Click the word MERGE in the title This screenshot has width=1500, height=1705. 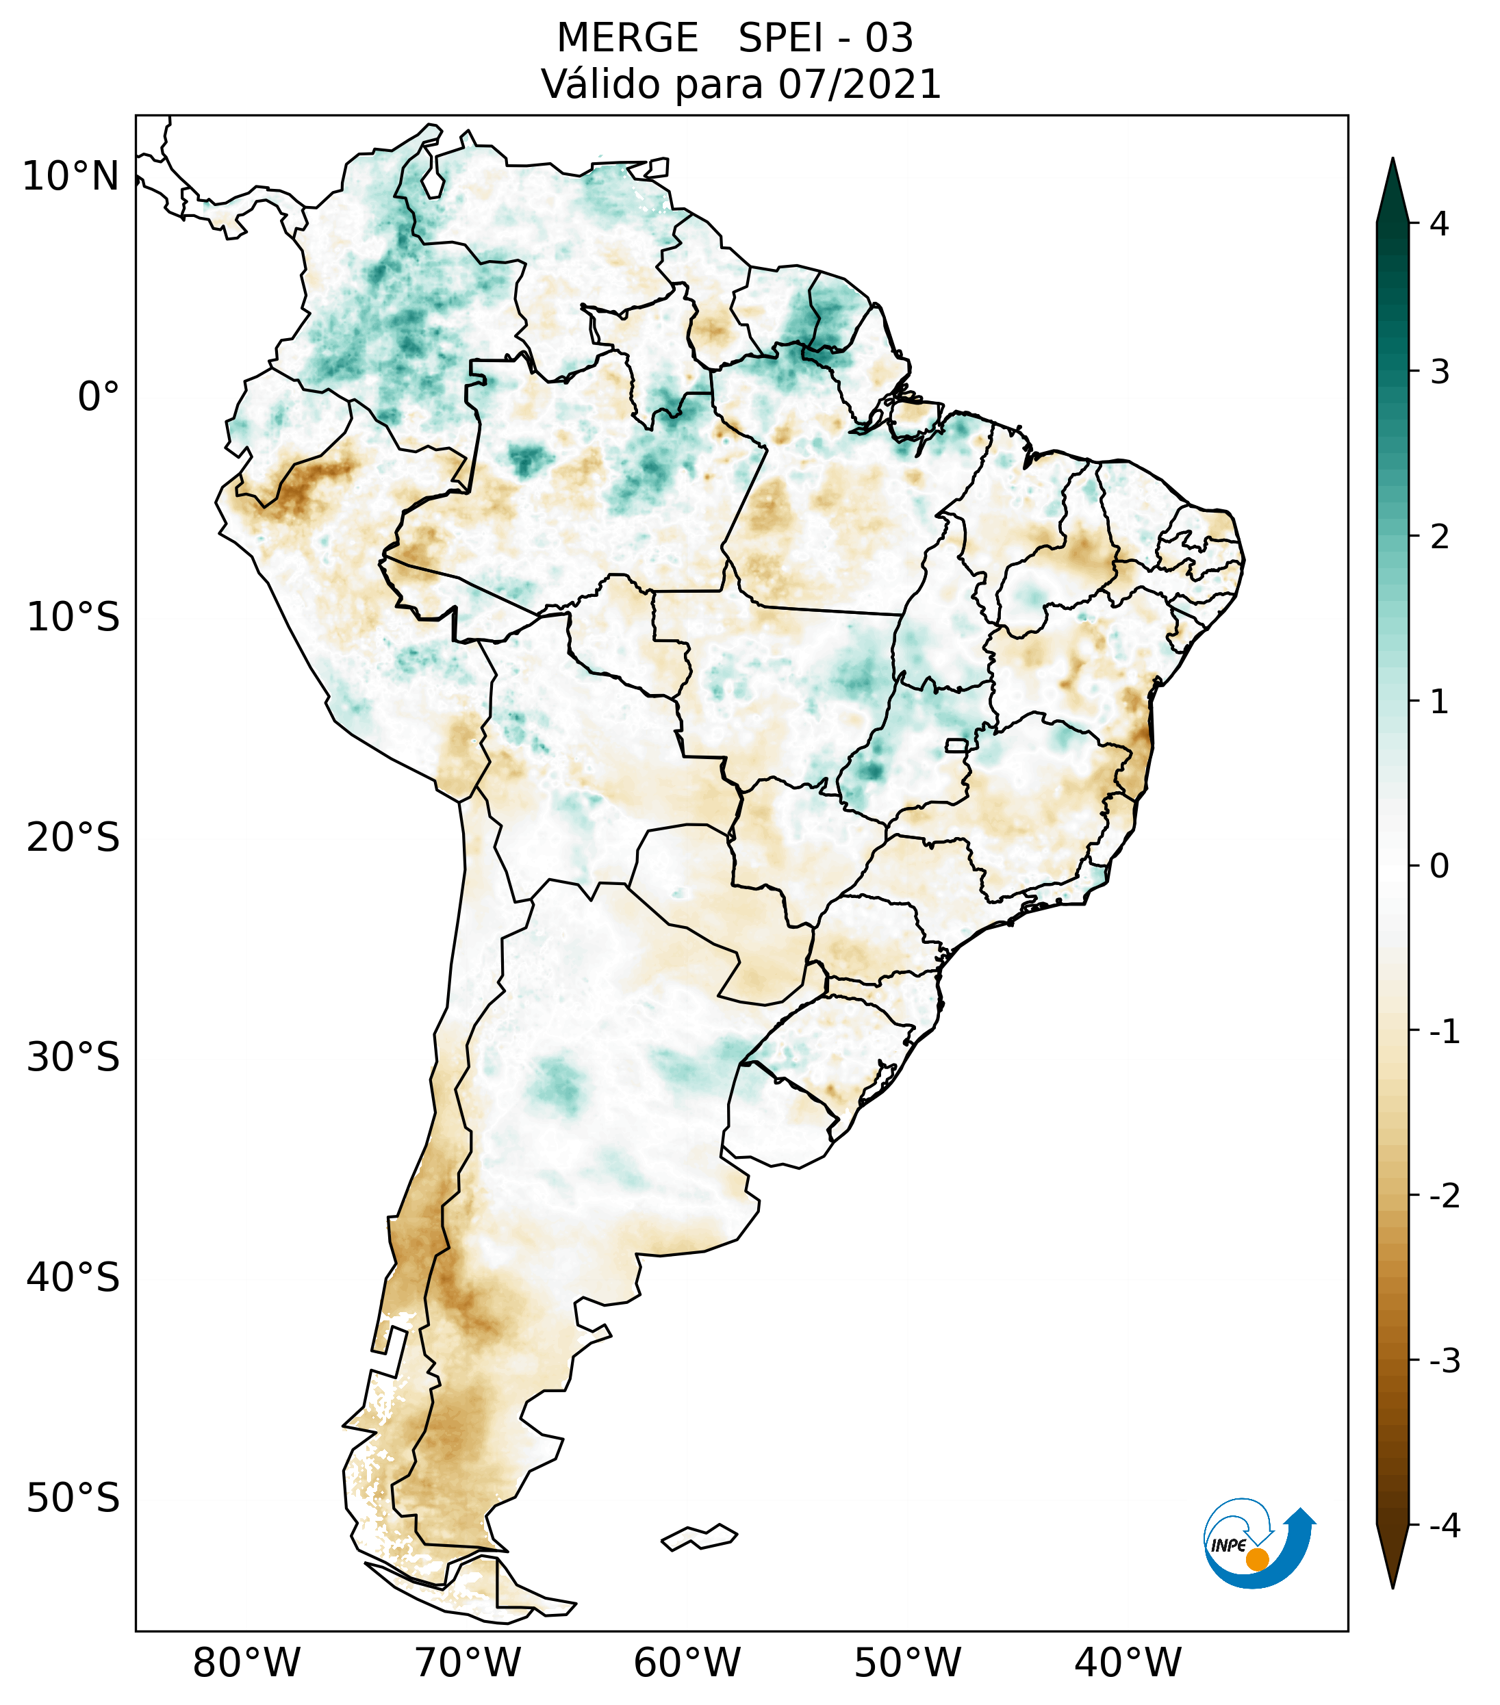pos(626,38)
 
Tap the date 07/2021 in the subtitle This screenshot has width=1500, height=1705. pos(859,84)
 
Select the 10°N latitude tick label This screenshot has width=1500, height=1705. pos(70,177)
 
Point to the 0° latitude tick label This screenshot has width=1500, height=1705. pos(99,397)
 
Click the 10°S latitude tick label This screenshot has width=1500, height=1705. pos(73,618)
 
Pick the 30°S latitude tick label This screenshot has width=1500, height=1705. pos(73,1057)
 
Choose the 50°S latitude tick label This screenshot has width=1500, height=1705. pos(73,1498)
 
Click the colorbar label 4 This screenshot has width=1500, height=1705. pos(1439,224)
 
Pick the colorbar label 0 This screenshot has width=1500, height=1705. pos(1439,867)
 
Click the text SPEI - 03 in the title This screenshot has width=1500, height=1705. pos(826,38)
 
